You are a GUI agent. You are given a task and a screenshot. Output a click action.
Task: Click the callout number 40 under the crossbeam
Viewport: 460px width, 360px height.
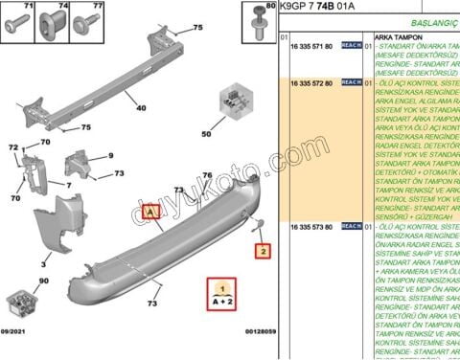click(141, 108)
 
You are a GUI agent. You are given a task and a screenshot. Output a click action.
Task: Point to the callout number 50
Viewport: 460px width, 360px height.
click(205, 134)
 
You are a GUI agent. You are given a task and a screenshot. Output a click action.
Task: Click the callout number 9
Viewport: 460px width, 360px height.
click(110, 154)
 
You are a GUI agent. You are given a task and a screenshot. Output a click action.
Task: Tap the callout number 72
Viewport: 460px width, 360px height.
click(13, 147)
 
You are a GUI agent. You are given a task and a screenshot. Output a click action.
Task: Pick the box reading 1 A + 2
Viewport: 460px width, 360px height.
click(222, 293)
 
